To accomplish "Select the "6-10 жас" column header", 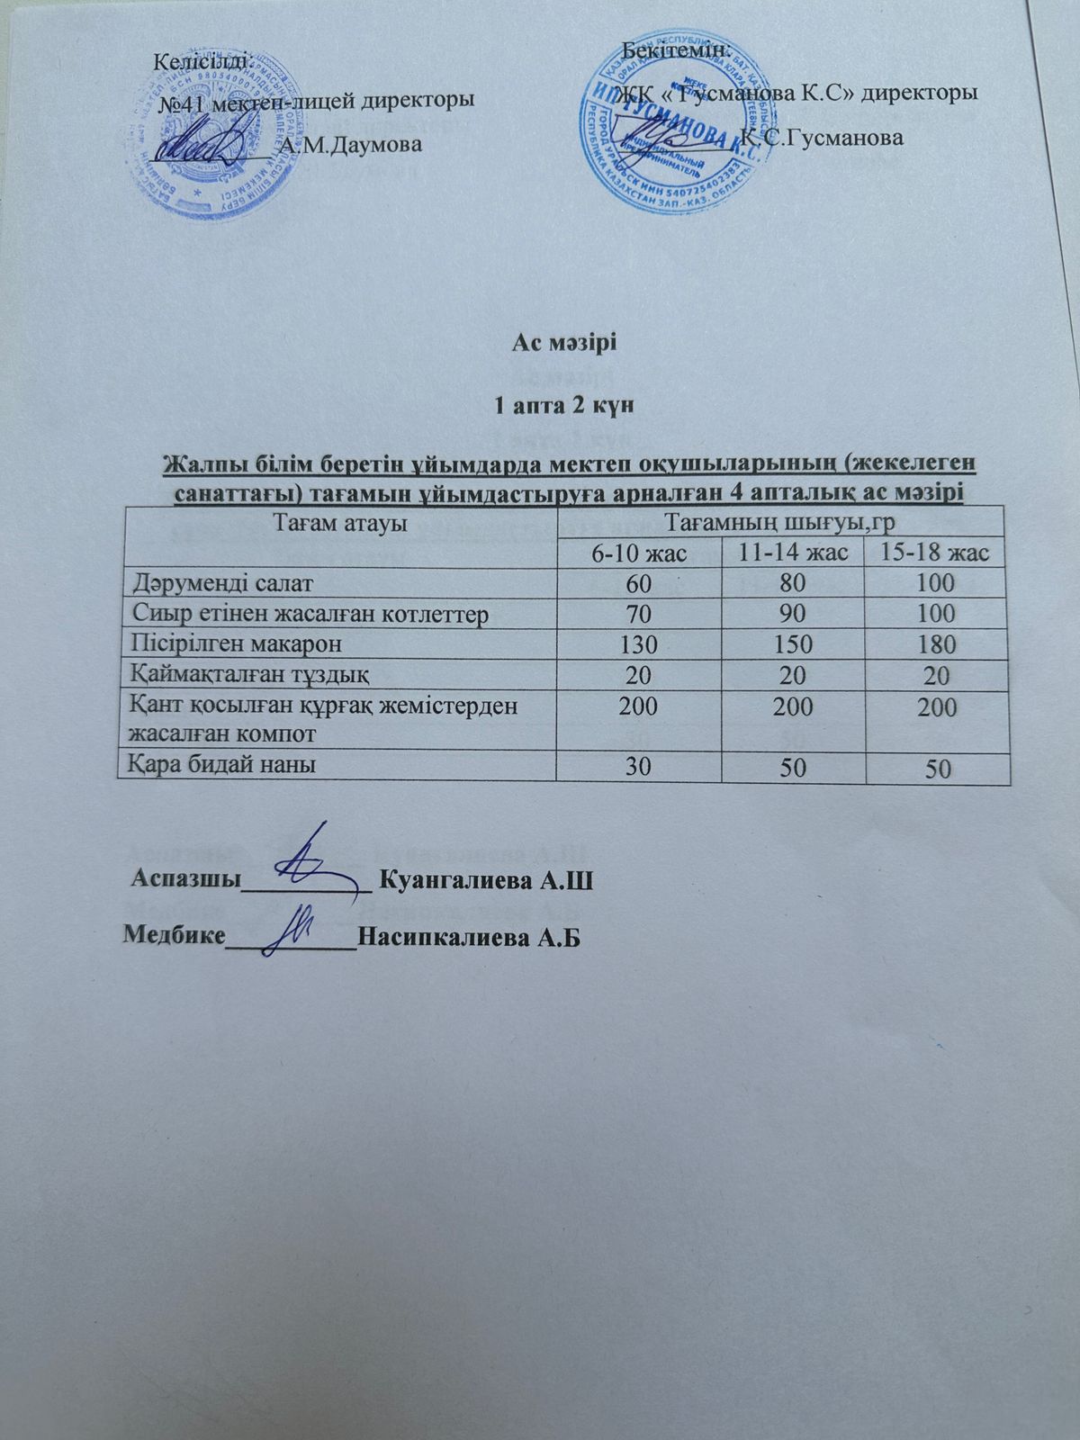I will point(638,553).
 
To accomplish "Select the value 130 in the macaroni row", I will point(638,644).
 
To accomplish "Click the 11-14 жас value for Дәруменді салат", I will point(792,583).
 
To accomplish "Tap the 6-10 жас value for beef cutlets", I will point(638,614).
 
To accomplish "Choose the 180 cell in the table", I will point(937,645).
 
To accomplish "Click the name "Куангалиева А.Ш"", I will point(486,878).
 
